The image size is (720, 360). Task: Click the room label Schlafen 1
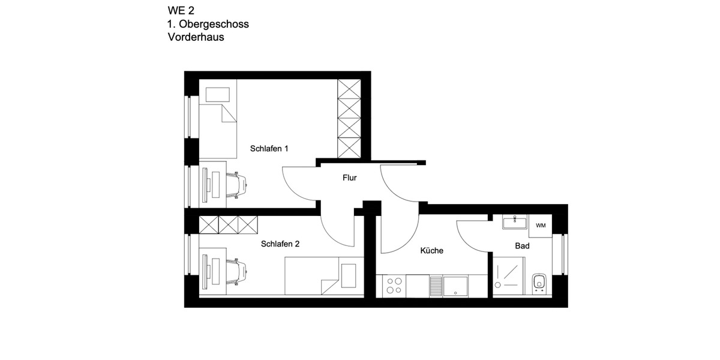269,148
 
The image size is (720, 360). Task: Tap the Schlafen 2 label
280,244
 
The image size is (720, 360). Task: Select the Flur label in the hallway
350,178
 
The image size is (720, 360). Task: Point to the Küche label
432,250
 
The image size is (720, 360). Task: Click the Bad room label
522,246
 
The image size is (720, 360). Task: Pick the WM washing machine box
541,226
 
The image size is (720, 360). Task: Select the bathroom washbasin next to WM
514,223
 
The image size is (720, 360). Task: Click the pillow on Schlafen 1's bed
217,95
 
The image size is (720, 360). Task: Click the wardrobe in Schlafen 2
229,224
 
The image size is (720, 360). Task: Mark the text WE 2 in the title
181,10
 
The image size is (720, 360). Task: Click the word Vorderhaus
196,38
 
